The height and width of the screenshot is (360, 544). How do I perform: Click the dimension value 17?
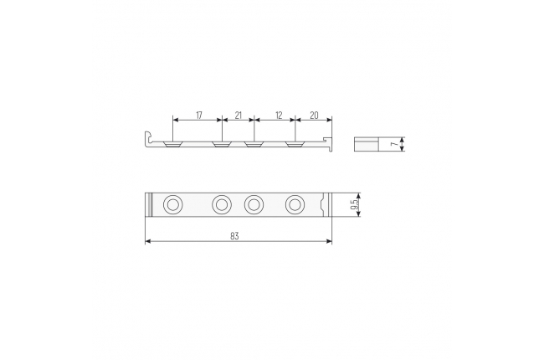(x=199, y=116)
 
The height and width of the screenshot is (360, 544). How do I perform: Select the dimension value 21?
(x=238, y=116)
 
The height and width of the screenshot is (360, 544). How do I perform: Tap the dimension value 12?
(x=279, y=116)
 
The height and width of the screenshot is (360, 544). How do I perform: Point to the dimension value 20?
(x=314, y=116)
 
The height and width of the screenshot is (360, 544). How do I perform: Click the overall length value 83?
(x=234, y=236)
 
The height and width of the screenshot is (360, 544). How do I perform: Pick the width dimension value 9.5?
(x=354, y=204)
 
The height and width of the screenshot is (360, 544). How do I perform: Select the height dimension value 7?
(x=393, y=144)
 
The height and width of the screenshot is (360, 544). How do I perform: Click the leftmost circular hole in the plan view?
(x=172, y=205)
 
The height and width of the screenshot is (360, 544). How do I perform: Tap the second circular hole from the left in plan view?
(x=221, y=205)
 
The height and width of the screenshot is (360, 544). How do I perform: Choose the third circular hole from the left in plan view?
(x=254, y=205)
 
